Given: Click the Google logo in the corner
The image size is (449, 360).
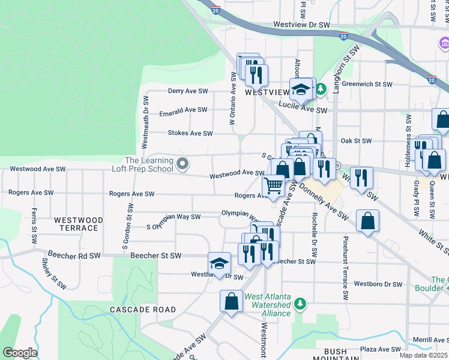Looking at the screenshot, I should point(20,353).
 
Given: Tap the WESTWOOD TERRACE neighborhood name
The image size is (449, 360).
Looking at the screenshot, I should point(76,224).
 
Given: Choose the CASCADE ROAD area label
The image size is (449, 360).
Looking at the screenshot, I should point(143,310).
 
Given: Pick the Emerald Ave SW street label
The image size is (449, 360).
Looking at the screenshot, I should point(183,110).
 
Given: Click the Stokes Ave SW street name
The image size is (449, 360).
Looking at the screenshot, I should point(190,133).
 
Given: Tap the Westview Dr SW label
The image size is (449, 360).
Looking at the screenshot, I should point(301,25).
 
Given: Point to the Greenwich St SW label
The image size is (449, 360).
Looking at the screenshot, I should point(367,85).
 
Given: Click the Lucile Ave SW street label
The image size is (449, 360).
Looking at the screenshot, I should point(306,110).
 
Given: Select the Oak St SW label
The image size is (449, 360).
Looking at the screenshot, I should point(356,141).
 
